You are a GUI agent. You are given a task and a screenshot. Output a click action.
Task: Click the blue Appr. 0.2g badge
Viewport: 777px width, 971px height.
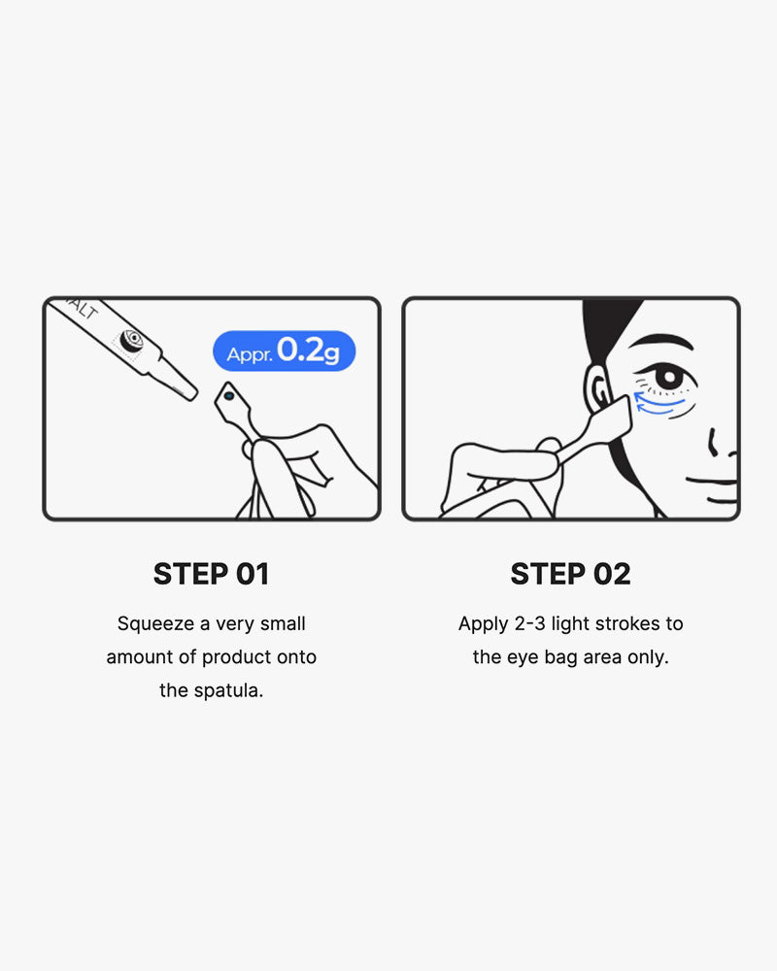pyautogui.click(x=284, y=352)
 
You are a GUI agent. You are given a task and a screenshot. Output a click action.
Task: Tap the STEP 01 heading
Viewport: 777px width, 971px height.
pyautogui.click(x=212, y=574)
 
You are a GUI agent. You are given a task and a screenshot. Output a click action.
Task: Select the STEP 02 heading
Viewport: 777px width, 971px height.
pyautogui.click(x=571, y=574)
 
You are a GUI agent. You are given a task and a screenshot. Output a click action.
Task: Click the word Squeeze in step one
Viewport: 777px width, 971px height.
pyautogui.click(x=156, y=623)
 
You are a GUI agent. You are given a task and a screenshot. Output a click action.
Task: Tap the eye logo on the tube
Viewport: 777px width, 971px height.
pyautogui.click(x=131, y=339)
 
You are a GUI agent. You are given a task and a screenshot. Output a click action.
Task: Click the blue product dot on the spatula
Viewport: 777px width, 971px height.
pyautogui.click(x=229, y=396)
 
